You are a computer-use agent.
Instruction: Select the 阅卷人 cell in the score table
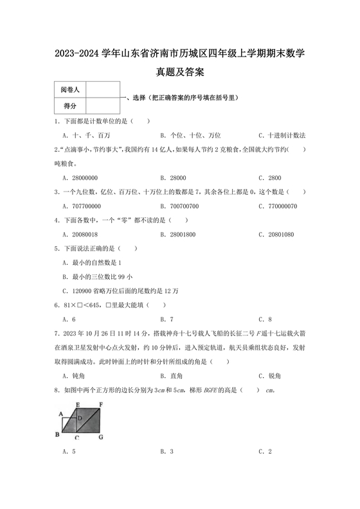pos(69,91)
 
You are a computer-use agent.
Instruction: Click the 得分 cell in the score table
pos(69,105)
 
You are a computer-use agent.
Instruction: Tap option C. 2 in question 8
pos(265,452)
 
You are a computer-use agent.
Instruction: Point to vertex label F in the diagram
pos(102,404)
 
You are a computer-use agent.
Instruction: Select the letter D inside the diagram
pos(79,418)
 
